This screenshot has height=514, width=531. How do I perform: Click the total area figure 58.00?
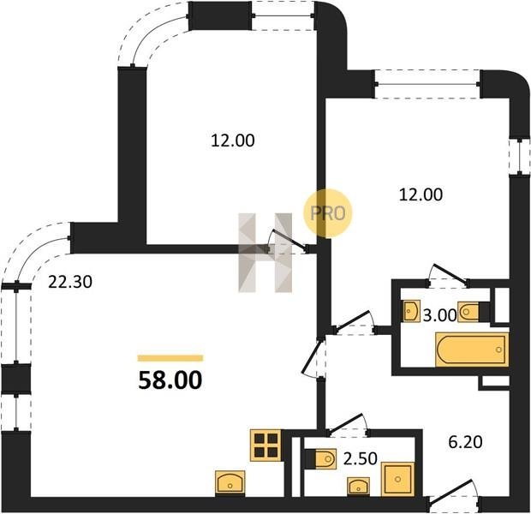[x=170, y=380]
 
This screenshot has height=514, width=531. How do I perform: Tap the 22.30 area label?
[x=70, y=282]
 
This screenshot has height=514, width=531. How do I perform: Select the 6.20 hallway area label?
[x=466, y=442]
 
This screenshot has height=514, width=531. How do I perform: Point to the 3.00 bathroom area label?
[x=440, y=315]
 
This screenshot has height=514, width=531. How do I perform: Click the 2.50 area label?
[x=361, y=459]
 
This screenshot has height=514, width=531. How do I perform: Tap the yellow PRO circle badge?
[x=328, y=213]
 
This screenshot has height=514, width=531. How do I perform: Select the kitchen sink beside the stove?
[x=230, y=481]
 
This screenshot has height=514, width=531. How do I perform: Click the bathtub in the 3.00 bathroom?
[x=472, y=350]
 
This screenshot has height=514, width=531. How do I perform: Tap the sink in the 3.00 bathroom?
[x=412, y=311]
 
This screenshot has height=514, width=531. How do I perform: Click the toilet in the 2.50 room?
[x=321, y=459]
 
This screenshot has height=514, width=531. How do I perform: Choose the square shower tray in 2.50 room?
[x=398, y=479]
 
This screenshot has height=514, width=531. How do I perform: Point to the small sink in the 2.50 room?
[x=359, y=487]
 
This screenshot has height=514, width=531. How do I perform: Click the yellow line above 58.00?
[x=170, y=358]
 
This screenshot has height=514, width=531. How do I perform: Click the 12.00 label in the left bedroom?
[x=233, y=140]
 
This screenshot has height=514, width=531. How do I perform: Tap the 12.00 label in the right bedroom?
[x=421, y=194]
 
